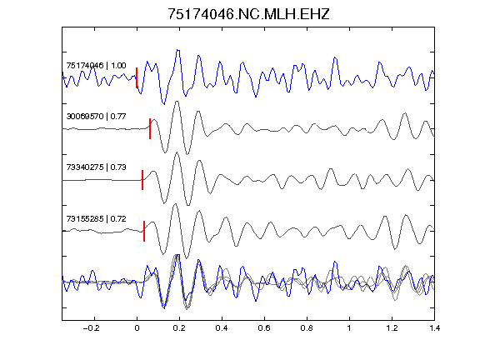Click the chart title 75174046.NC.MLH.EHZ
coord(248,14)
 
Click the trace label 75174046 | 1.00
coord(96,66)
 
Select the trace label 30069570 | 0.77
coord(96,117)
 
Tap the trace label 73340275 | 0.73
coord(96,167)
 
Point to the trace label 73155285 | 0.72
coord(96,218)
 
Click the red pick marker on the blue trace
coord(137,77)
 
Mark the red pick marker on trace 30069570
coord(150,128)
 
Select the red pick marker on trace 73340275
coord(142,180)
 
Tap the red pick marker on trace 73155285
coord(144,231)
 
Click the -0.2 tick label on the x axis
coord(91,328)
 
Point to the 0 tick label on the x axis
coord(137,328)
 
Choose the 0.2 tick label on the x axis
coord(179,328)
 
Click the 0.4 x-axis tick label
coord(222,328)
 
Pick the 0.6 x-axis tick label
coord(264,328)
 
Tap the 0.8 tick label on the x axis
coord(307,328)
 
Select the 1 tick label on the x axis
coord(349,328)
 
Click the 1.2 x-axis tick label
coord(392,328)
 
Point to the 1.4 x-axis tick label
coord(434,328)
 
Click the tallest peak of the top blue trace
coord(177,50)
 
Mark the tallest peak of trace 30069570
coord(177,102)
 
